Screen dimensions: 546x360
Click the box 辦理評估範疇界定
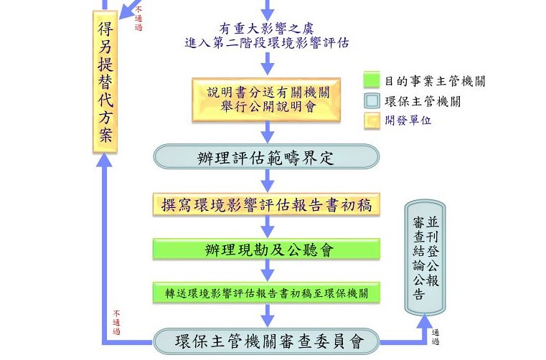(266, 157)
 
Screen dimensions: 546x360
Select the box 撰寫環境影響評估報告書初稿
(266, 204)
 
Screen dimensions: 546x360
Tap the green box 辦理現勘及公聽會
(266, 250)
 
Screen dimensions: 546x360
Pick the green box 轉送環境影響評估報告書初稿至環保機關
(266, 293)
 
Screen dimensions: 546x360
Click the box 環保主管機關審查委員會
(266, 341)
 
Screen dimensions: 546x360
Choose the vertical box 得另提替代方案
(105, 82)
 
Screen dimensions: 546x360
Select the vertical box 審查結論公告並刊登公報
(425, 257)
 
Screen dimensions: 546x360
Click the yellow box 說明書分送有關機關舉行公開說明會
(266, 100)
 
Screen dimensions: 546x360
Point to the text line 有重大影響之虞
(266, 28)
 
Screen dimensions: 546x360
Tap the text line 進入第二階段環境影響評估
(267, 43)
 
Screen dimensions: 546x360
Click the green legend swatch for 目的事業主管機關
(372, 80)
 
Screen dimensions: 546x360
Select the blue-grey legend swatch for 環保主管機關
(372, 101)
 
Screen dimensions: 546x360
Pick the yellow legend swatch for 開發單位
(372, 120)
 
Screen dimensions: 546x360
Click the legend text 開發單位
(408, 120)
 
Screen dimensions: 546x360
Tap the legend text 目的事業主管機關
(435, 81)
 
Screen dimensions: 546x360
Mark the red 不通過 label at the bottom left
(116, 323)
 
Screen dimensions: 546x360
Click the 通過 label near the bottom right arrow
(436, 336)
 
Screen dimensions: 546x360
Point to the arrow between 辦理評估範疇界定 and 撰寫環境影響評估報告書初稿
(267, 181)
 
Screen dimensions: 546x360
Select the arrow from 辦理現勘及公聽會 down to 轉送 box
(267, 270)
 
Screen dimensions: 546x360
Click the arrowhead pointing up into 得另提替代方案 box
(104, 159)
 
